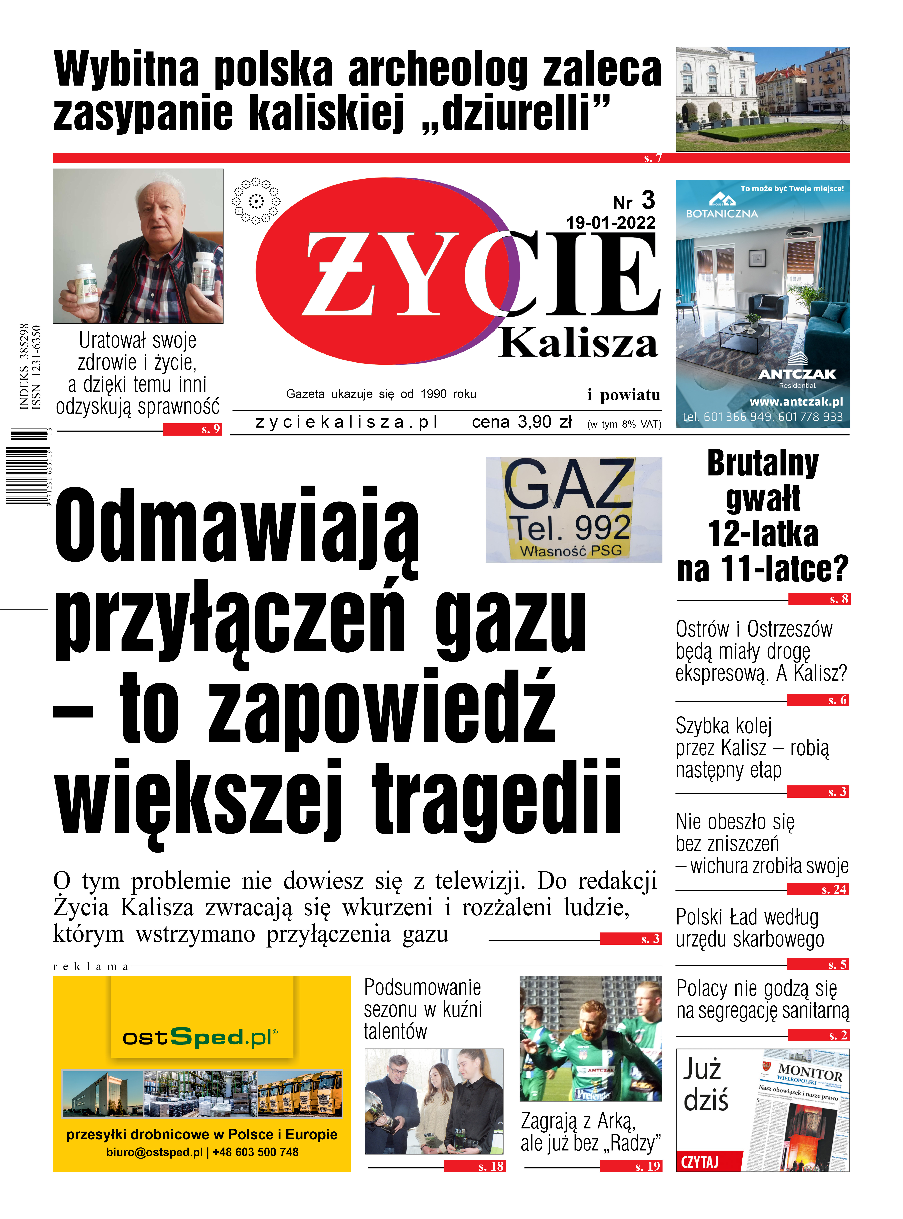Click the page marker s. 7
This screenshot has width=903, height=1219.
coord(653,158)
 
